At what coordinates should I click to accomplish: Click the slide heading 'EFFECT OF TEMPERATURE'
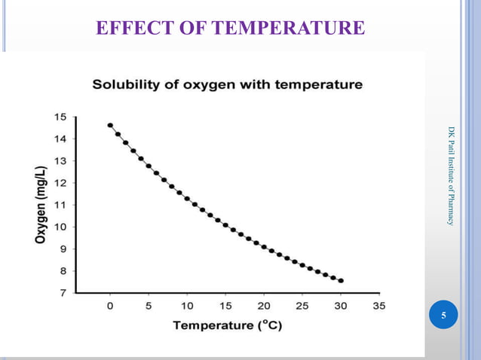tap(230, 29)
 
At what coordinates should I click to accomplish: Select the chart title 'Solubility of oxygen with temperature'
tap(227, 84)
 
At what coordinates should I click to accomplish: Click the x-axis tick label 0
tap(110, 307)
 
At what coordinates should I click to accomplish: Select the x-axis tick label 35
tap(378, 307)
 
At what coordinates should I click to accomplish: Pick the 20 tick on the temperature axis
tap(264, 307)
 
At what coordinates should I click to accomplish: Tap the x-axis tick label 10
tap(187, 307)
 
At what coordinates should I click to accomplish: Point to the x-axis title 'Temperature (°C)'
tap(227, 326)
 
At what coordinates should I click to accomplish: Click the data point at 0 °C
tap(110, 125)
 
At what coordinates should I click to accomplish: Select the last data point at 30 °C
tap(341, 281)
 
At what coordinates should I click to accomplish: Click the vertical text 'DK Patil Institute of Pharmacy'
tap(451, 175)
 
